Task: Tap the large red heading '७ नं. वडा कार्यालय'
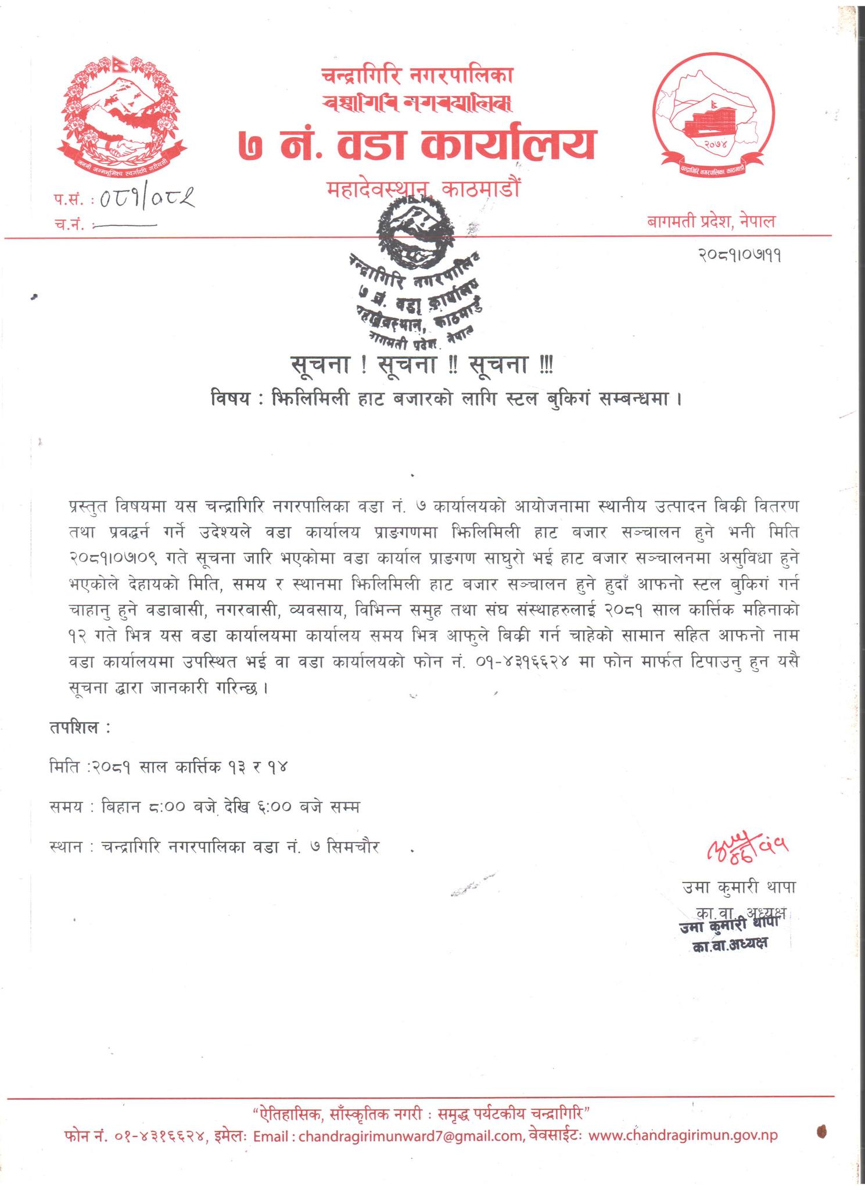[x=417, y=145]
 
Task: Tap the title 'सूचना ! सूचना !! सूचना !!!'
[x=422, y=365]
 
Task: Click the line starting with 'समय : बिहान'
[x=205, y=807]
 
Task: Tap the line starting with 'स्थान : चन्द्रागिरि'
[x=215, y=847]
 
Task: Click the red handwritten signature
[x=748, y=851]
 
